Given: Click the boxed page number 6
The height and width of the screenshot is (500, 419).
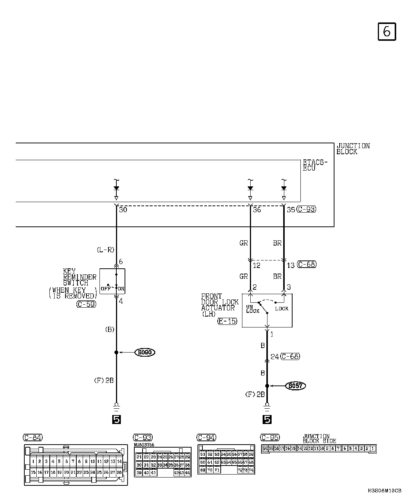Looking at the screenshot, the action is point(386,31).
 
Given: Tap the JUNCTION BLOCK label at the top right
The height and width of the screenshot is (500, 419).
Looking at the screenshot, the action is point(353,149).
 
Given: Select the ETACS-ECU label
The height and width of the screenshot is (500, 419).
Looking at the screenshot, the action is point(315,165).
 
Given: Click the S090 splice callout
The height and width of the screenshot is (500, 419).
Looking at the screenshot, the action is point(145,352).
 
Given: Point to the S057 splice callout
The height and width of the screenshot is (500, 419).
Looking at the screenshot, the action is point(295,385).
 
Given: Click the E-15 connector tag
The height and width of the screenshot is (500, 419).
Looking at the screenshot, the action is point(227,321).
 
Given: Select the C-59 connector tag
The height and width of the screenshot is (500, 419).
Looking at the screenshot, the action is point(86,304).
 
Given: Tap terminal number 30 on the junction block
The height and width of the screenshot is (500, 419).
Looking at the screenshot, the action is point(123,210).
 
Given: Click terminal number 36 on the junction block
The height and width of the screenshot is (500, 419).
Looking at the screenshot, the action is point(257,210).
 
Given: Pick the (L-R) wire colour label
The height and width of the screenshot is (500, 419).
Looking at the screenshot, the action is point(105,250).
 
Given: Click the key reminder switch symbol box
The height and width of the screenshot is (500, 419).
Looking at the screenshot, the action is point(112,281).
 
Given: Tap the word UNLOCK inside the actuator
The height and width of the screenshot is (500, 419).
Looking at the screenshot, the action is point(253,309).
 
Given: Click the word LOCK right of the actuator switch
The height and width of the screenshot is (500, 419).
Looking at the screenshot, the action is point(282,309).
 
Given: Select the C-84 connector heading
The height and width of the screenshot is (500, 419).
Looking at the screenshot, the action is point(33,437).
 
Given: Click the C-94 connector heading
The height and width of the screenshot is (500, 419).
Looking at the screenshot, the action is point(207,437).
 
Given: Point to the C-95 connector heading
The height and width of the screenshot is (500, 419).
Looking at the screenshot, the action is point(270,437).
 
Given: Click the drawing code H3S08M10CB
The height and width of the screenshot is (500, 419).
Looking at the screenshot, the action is point(385,491).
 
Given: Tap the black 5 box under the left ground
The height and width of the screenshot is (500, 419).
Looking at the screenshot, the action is point(116,420).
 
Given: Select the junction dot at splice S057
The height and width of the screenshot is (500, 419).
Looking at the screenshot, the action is point(267,385).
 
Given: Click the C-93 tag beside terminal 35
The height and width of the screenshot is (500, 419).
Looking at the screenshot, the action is point(306,210).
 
